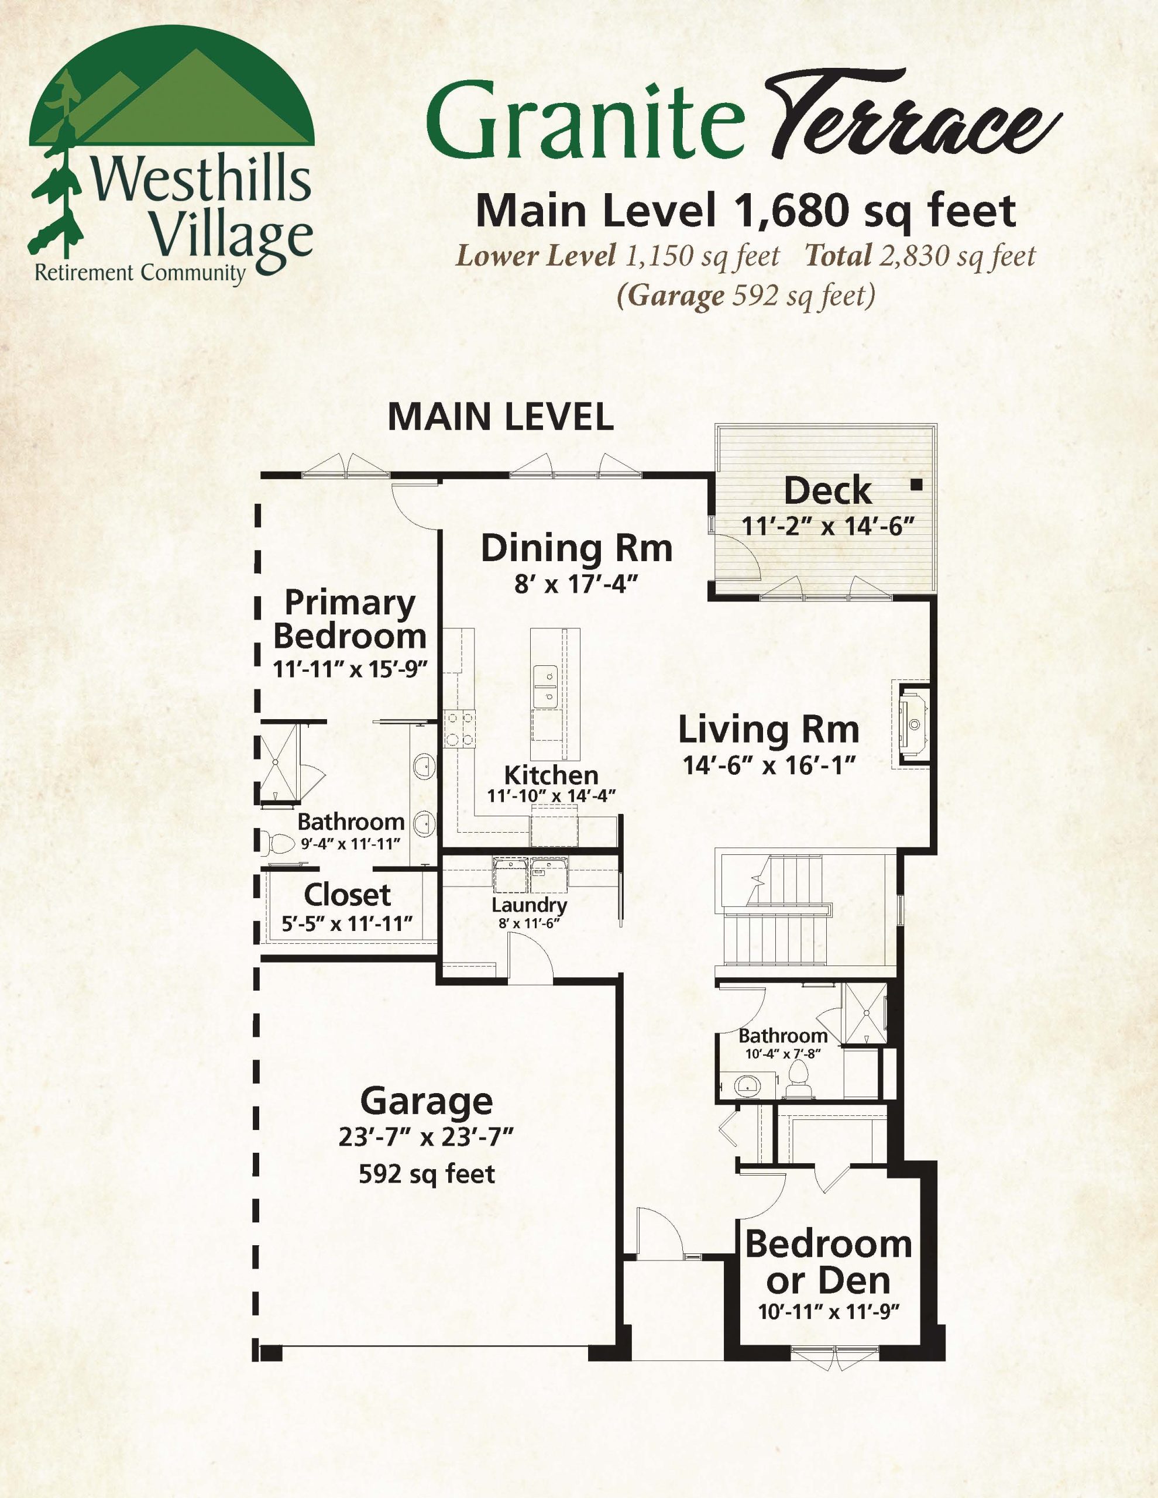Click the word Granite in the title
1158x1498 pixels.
[x=585, y=120]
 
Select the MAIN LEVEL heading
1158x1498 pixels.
[x=501, y=417]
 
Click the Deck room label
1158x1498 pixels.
[x=827, y=491]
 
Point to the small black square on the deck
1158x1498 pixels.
[x=916, y=485]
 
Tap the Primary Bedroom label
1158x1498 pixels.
[x=350, y=619]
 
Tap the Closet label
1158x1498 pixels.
[x=347, y=895]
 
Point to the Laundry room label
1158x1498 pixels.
[x=529, y=905]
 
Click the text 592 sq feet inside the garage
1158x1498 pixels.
[x=427, y=1174]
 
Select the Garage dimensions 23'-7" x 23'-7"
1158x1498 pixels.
[x=426, y=1137]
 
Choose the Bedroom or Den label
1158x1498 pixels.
[x=828, y=1262]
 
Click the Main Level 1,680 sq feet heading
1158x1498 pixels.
[x=745, y=211]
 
